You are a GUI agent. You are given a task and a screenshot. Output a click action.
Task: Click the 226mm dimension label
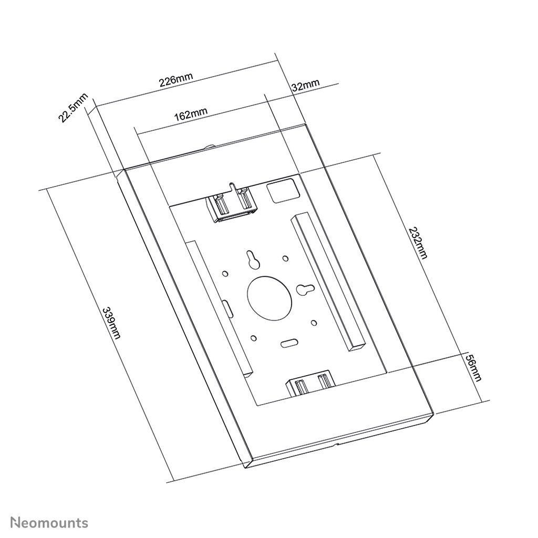click(176, 80)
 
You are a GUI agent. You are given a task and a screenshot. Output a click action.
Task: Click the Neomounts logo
click(50, 508)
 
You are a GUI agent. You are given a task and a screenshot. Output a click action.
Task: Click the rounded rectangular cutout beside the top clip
click(282, 191)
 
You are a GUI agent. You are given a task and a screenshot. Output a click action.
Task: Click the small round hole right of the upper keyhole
click(285, 258)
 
